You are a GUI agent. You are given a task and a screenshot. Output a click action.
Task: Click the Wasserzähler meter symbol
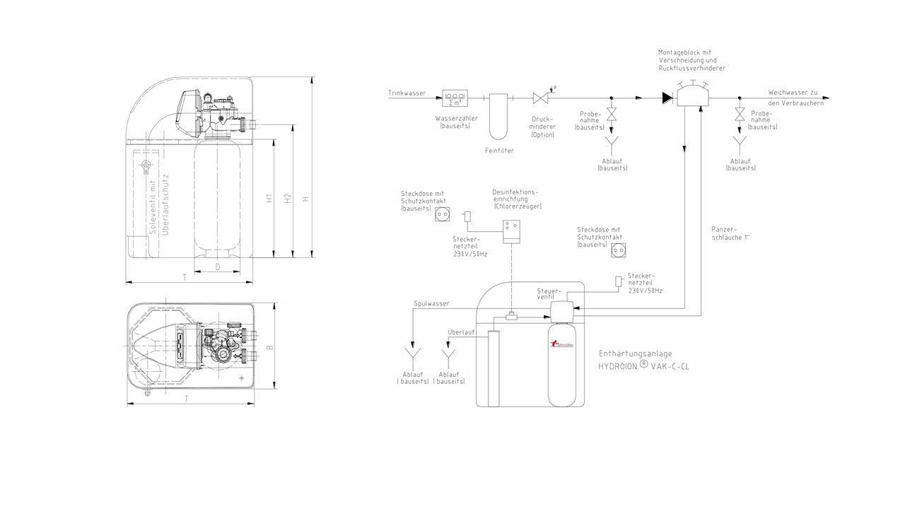point(455,98)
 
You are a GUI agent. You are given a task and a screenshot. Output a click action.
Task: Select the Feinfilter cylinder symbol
point(499,115)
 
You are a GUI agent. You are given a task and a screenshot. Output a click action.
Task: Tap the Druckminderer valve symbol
point(542,98)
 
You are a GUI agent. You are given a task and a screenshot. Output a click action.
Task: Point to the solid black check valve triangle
point(667,98)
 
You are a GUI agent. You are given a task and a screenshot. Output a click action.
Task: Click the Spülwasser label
point(431,303)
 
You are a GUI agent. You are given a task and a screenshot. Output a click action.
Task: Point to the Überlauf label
point(460,332)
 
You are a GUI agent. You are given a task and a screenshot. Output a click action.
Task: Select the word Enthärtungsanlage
point(635,353)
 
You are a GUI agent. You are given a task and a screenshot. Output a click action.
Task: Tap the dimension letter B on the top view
point(269,349)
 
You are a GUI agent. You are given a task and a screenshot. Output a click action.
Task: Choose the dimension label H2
point(288,199)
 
